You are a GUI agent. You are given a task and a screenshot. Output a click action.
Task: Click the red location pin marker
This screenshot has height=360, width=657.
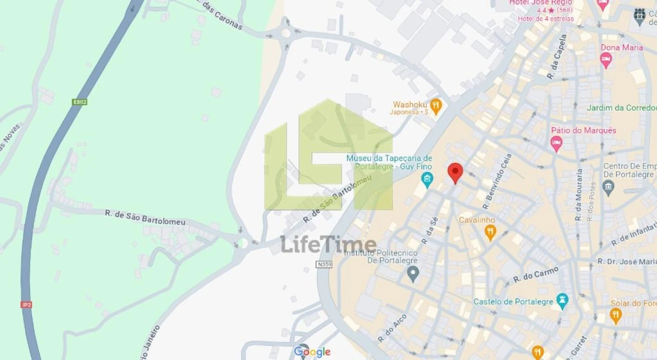(455, 172)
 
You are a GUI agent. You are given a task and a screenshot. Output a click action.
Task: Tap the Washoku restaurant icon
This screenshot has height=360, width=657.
(436, 106)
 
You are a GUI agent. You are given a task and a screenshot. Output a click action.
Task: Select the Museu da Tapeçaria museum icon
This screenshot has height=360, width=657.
(427, 178)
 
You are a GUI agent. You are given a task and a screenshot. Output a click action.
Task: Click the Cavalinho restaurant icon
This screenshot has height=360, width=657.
(490, 231)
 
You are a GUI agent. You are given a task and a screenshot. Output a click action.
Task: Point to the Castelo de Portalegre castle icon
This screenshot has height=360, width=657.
(562, 301)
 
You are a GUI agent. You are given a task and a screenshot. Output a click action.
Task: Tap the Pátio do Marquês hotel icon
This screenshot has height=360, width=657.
(556, 143)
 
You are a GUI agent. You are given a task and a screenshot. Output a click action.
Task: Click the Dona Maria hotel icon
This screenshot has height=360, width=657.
(606, 60)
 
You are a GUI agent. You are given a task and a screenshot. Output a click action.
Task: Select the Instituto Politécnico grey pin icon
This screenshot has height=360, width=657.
(412, 273)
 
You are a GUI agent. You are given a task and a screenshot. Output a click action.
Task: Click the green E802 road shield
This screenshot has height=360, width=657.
(79, 102)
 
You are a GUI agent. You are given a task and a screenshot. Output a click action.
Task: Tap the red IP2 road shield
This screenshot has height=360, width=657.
(26, 304)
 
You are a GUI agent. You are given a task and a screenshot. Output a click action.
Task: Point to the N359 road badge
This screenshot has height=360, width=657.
(324, 264)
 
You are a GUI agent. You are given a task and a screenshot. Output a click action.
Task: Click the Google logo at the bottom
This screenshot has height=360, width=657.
(312, 352)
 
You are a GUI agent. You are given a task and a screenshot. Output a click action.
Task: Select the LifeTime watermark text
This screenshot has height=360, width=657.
(328, 244)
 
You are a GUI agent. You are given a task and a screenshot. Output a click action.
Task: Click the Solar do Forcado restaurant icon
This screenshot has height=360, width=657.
(616, 315)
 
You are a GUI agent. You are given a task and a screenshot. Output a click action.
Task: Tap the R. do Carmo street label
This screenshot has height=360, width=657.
(535, 275)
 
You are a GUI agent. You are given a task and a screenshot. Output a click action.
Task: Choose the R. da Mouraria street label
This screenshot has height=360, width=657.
(579, 194)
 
